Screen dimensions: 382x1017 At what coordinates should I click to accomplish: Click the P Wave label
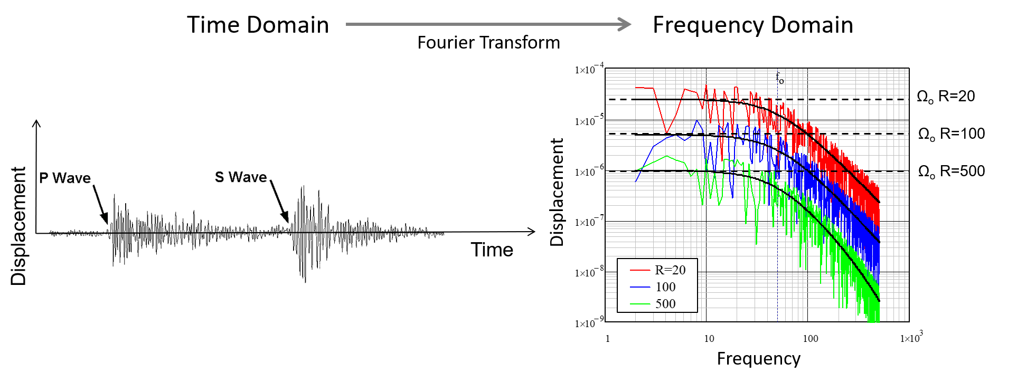click(65, 178)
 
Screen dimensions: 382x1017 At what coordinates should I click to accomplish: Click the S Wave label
click(241, 177)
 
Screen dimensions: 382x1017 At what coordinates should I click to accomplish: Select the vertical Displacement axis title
click(557, 192)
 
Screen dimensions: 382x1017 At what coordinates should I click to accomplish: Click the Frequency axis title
click(758, 359)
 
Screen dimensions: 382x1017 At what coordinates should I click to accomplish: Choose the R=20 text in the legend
click(670, 270)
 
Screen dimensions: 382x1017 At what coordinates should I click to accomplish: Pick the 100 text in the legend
click(665, 287)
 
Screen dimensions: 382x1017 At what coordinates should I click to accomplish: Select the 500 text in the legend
click(665, 304)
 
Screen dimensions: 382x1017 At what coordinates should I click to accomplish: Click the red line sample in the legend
click(639, 270)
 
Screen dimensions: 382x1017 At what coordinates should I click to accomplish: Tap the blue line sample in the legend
click(639, 287)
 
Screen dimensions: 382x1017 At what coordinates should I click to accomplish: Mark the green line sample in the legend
click(639, 304)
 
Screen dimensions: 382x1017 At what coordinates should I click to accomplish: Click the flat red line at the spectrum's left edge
click(628, 88)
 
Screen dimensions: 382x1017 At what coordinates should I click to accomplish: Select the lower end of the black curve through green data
click(879, 301)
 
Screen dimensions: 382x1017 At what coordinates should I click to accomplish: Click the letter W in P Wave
click(59, 178)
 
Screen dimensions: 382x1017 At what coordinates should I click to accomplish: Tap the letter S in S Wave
click(219, 177)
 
